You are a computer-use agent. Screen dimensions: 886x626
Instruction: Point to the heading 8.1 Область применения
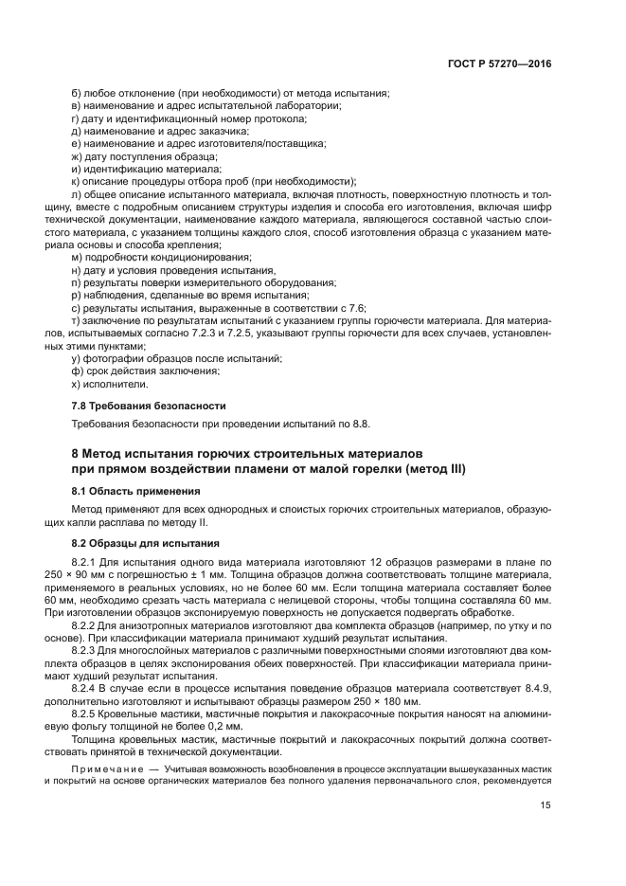(x=122, y=491)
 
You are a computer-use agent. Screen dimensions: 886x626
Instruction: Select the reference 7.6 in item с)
(x=357, y=308)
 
